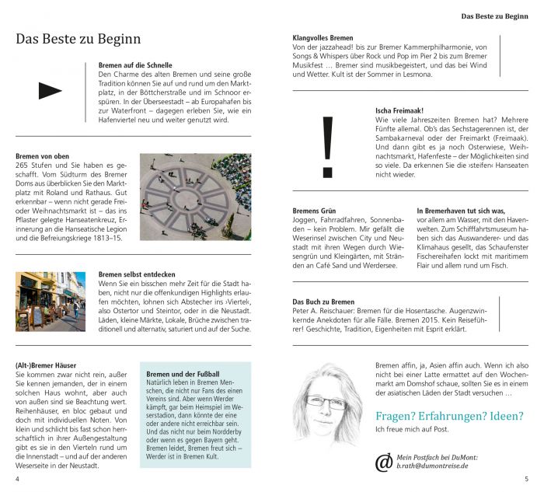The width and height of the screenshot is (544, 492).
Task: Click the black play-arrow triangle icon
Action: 50,91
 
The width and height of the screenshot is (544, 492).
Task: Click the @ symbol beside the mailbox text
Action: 384,462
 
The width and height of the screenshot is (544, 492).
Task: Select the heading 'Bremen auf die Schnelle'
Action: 137,65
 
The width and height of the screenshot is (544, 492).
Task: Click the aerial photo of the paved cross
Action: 195,196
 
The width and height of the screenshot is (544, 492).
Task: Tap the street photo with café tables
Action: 51,301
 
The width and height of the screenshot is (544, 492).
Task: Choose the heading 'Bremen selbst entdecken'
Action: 137,274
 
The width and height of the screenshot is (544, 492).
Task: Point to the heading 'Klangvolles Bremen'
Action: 323,37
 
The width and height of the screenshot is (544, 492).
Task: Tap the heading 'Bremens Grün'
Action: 314,211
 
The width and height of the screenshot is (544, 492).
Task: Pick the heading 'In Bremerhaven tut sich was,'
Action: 461,211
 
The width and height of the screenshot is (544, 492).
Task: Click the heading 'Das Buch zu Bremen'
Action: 323,302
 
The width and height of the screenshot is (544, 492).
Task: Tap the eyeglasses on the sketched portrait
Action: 326,402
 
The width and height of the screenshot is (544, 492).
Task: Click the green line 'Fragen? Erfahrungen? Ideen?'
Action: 449,416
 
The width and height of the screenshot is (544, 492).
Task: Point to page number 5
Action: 526,479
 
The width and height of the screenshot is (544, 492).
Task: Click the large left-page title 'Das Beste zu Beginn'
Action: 78,38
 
